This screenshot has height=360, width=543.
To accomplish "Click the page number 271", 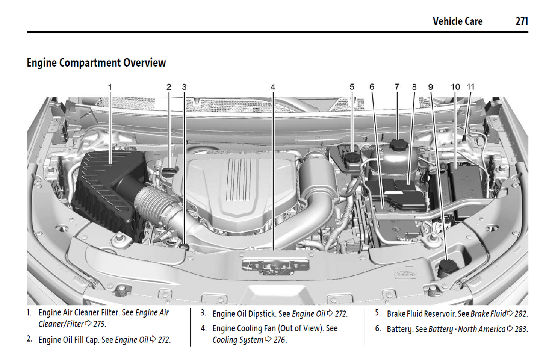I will [x=522, y=21].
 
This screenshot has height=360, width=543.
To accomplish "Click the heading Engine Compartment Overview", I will [x=96, y=62].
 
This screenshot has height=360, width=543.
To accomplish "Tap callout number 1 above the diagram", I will [x=110, y=87].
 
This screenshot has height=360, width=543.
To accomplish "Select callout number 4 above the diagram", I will [x=273, y=87].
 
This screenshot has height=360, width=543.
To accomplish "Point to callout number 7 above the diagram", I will [x=397, y=87].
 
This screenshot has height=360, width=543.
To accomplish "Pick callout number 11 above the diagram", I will [x=470, y=87].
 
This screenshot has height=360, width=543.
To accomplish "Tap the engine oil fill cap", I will [x=169, y=171].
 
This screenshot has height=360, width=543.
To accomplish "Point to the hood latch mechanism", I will [x=275, y=266].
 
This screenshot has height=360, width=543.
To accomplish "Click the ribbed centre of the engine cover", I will [x=239, y=178].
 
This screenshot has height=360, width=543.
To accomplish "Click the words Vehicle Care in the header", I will [x=458, y=21].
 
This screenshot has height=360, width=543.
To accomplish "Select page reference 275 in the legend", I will [x=99, y=324].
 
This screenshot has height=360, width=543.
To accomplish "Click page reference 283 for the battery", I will [x=521, y=329].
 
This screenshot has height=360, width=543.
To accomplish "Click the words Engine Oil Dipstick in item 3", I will [x=245, y=314].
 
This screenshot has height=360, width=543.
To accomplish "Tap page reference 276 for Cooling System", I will [x=280, y=340].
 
